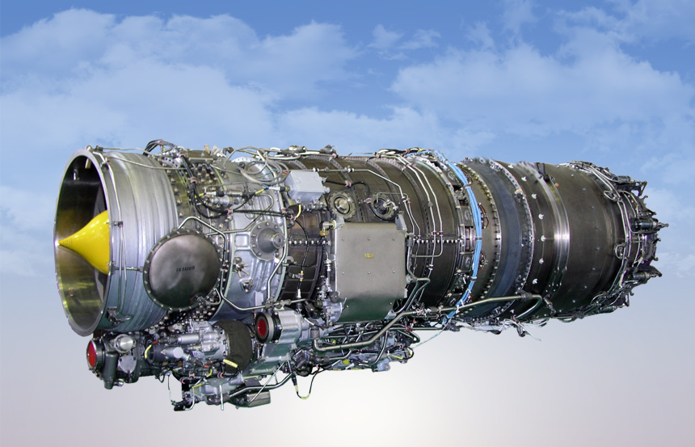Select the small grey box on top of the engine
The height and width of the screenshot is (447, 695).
tap(304, 185)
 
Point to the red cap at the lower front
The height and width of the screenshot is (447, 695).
tap(93, 353)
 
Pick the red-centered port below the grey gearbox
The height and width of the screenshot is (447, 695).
tap(263, 327)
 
